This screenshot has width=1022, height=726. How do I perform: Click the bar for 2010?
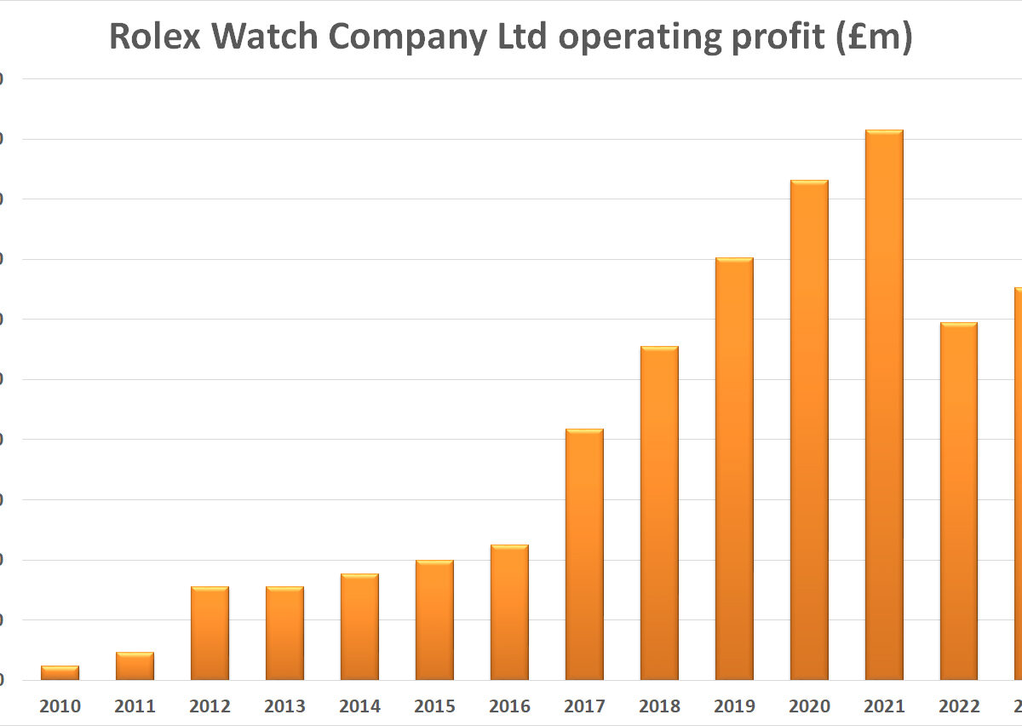[60, 672]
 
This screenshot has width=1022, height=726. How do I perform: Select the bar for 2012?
[210, 633]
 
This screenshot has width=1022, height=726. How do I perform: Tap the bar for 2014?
[359, 626]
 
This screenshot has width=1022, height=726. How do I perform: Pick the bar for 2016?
[509, 612]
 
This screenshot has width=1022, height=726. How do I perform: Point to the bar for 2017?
[584, 554]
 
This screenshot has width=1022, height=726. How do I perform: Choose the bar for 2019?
[734, 469]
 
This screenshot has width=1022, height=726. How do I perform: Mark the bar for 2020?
[809, 430]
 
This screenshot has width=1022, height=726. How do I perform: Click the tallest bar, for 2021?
[884, 405]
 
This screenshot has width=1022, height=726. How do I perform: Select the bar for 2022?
[959, 501]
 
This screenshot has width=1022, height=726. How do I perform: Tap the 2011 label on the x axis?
[135, 706]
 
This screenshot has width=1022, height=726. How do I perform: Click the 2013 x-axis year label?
[284, 706]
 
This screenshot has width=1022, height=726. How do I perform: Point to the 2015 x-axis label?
[434, 706]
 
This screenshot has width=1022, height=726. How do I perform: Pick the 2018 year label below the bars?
[659, 706]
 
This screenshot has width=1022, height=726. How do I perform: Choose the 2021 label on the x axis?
[884, 706]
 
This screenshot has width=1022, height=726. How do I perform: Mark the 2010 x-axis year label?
[60, 706]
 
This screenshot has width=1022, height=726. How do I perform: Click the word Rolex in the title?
[156, 38]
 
